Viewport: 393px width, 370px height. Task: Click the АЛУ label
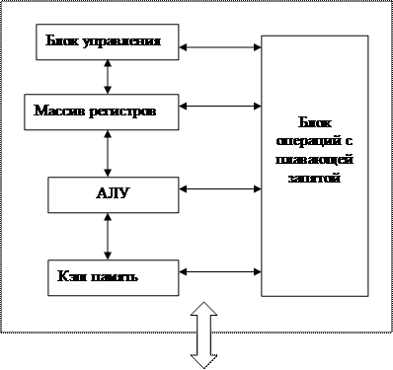tap(113, 193)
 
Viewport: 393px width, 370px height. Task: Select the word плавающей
tap(314, 160)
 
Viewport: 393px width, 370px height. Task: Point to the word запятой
tap(314, 179)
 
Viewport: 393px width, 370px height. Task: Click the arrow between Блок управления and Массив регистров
tap(108, 77)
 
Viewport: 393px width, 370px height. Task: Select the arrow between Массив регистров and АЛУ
tap(108, 153)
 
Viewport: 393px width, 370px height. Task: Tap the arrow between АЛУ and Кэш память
tap(108, 236)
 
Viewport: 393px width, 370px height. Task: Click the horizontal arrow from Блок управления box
tap(220, 47)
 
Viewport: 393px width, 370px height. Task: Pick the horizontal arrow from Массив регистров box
tap(220, 106)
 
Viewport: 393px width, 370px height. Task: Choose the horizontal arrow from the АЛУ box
tap(220, 188)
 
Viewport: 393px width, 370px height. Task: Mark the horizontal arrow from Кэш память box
tap(220, 271)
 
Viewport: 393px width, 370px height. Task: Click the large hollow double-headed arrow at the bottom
tap(203, 334)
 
